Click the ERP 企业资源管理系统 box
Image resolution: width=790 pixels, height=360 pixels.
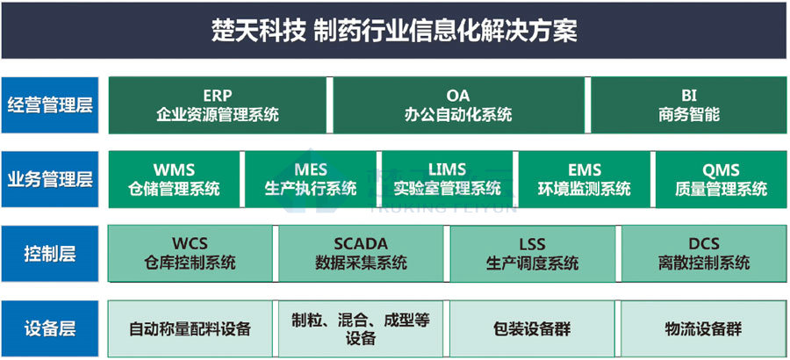click(x=217, y=104)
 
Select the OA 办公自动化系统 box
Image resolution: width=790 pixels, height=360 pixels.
click(x=458, y=104)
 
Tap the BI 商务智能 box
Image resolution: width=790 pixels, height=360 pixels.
click(x=689, y=104)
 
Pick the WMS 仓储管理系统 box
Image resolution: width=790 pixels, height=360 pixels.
click(x=174, y=179)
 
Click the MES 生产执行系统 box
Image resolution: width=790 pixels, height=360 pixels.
click(x=311, y=179)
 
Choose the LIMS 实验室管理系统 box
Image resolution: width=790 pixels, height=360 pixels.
click(x=448, y=179)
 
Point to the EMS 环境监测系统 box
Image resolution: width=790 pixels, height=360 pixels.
click(x=585, y=179)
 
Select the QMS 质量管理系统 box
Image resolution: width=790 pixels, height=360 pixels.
click(x=721, y=179)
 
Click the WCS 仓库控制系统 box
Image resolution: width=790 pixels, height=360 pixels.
click(x=190, y=254)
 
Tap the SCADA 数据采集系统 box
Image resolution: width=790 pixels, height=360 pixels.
click(x=361, y=254)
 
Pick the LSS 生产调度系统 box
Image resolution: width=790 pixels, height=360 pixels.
click(x=532, y=254)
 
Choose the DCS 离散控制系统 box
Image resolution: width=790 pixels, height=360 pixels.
click(x=704, y=254)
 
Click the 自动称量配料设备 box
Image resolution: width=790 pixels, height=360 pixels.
click(x=190, y=328)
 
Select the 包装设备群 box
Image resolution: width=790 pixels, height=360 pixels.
click(x=532, y=328)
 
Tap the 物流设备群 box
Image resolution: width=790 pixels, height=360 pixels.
click(x=704, y=328)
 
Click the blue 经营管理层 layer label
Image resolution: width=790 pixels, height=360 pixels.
click(x=50, y=104)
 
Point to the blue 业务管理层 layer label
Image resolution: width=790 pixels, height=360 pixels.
click(x=50, y=179)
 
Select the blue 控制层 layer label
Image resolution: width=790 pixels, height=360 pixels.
click(x=50, y=254)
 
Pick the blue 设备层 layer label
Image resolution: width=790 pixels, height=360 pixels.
click(x=50, y=328)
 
